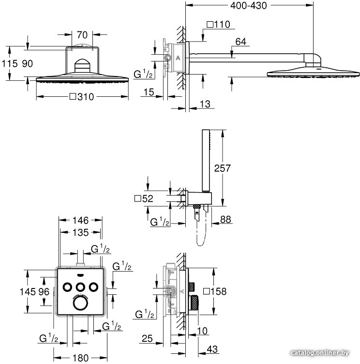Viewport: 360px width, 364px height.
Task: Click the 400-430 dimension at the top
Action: [x=248, y=6]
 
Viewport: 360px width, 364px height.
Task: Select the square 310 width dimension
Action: [x=82, y=97]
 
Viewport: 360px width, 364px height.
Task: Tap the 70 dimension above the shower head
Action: [x=82, y=35]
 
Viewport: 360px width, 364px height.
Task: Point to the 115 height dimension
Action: [x=10, y=63]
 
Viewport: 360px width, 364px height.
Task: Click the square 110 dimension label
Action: [x=218, y=24]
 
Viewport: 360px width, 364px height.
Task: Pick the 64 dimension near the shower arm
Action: [x=240, y=42]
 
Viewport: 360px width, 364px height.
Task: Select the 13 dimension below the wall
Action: [x=205, y=104]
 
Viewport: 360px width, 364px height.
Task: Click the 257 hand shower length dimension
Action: [x=223, y=168]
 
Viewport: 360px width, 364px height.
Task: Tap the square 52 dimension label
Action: [x=144, y=199]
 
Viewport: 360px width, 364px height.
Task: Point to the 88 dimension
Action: [x=225, y=219]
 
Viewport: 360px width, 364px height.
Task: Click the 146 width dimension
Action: [x=80, y=220]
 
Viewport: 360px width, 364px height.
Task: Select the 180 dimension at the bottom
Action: [x=80, y=358]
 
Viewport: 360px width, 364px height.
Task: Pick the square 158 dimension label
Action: [x=215, y=291]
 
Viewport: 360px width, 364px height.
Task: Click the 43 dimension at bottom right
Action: [x=212, y=349]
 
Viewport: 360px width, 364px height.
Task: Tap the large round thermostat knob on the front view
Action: [x=80, y=303]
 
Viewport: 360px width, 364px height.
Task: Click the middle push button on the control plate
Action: [x=80, y=287]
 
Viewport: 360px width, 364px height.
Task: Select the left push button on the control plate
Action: [x=67, y=287]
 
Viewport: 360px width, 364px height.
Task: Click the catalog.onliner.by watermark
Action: [x=320, y=353]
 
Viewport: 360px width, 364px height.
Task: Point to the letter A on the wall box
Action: [x=178, y=58]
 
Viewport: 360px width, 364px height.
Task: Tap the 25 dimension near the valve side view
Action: [x=148, y=338]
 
